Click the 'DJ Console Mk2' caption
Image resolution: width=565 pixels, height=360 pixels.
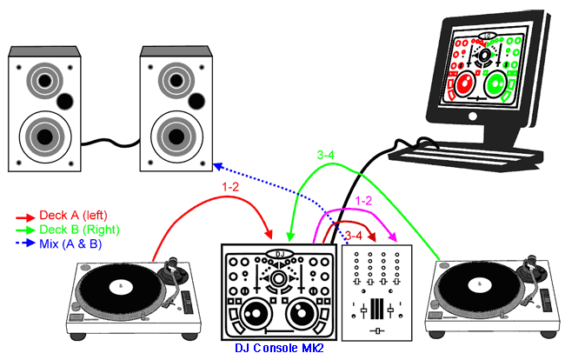pyautogui.click(x=280, y=349)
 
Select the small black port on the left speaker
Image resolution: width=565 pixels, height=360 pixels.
pyautogui.click(x=63, y=102)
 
